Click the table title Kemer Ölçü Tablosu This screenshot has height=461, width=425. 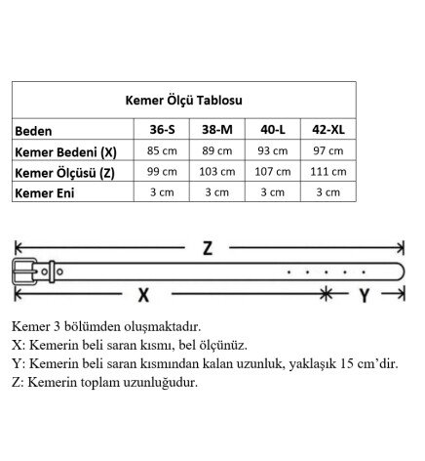point(184,100)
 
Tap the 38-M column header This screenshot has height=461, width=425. point(216,131)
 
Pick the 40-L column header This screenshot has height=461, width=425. point(273,131)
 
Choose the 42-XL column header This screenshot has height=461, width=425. point(328,131)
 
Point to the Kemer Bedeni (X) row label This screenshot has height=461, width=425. point(65,152)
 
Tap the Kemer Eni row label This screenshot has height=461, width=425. point(45,192)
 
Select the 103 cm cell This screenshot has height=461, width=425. point(216,172)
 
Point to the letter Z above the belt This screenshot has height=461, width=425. point(207,247)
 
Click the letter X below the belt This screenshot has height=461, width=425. point(143,294)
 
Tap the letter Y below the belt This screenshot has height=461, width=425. point(363,294)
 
